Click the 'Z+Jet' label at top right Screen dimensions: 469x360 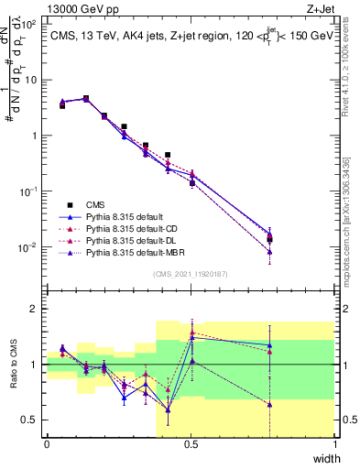321,8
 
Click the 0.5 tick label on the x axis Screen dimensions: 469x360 191,444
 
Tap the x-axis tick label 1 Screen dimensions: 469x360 334,444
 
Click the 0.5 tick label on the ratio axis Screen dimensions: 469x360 31,420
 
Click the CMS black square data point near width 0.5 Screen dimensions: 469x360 192,183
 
